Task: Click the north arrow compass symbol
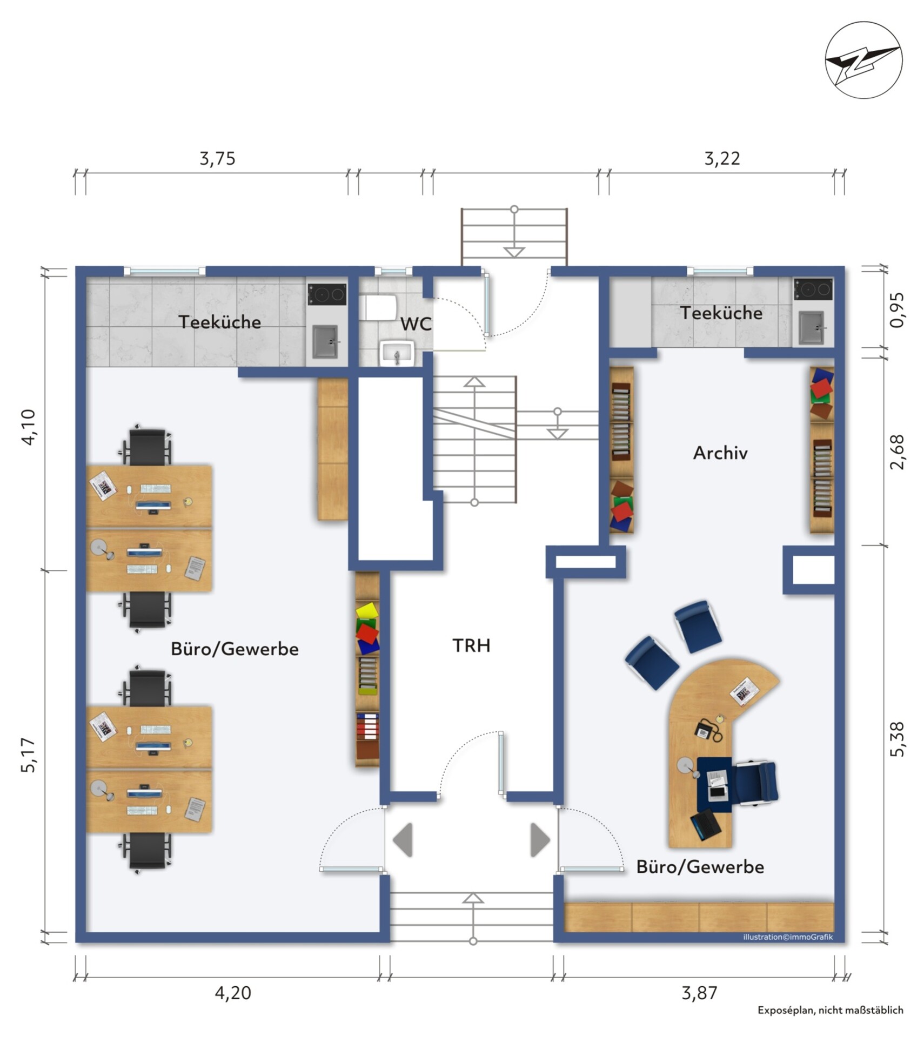coord(863,60)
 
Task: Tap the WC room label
coord(416,324)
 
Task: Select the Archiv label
coord(720,453)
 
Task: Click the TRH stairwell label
coord(471,645)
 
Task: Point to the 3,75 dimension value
coord(217,158)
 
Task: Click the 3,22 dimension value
coord(722,158)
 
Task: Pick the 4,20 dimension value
coord(233,993)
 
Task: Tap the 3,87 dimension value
coord(699,993)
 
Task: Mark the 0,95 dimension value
coord(897,310)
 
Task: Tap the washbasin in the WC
coord(397,353)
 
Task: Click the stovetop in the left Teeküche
coord(327,294)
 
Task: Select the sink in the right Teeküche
coord(812,327)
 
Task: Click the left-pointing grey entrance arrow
coord(403,839)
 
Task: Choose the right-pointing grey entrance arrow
coord(540,839)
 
